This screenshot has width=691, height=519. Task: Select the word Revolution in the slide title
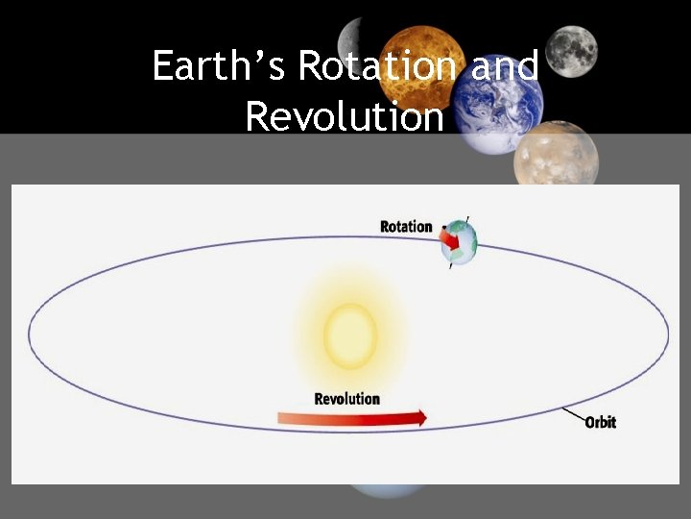click(345, 117)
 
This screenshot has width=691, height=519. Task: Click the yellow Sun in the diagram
click(350, 335)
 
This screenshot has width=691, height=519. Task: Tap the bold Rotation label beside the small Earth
click(406, 227)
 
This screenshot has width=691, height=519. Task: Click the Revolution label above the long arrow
click(347, 399)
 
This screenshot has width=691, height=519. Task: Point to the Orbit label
click(600, 422)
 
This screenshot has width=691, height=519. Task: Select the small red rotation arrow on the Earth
click(449, 237)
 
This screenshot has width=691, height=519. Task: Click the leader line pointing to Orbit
click(573, 415)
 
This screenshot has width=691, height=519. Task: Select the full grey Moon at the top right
click(574, 50)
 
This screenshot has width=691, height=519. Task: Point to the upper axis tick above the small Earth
click(467, 219)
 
